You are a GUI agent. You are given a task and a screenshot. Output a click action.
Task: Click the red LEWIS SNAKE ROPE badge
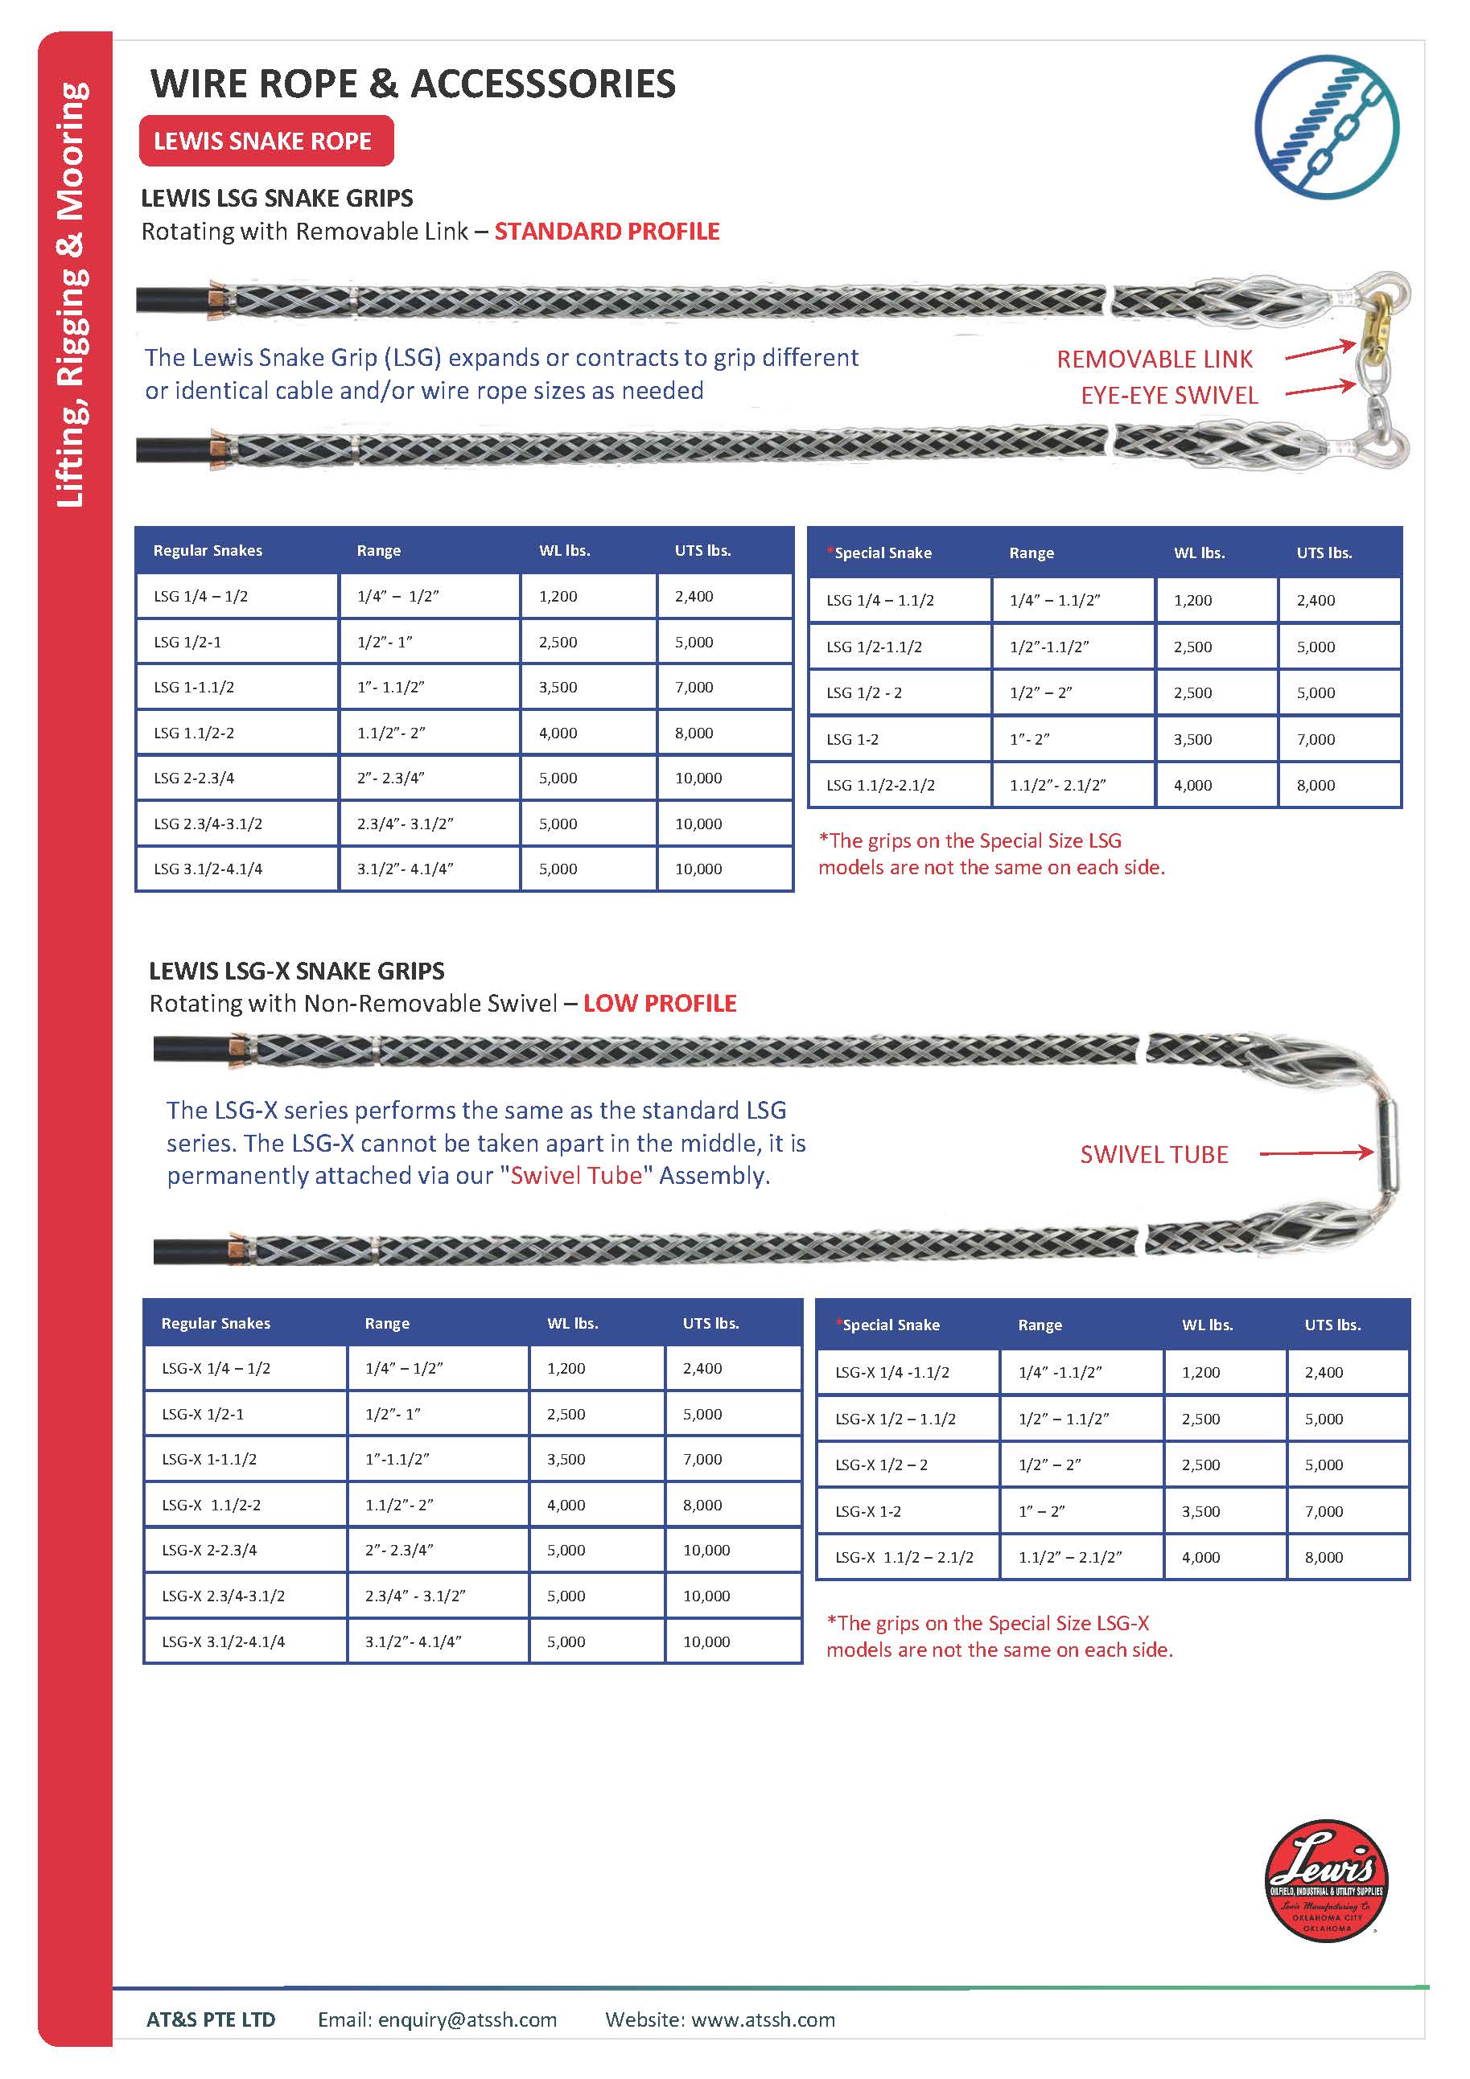[266, 142]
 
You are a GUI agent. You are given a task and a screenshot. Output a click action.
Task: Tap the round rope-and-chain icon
[1326, 127]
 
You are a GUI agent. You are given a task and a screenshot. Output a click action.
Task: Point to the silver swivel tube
[1386, 1144]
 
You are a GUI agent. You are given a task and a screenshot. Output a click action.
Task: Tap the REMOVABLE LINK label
[1154, 360]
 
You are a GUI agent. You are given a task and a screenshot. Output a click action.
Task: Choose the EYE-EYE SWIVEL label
[1168, 396]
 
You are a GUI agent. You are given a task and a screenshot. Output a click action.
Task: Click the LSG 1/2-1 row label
[187, 642]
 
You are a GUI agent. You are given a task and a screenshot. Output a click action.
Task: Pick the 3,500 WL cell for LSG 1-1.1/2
[558, 688]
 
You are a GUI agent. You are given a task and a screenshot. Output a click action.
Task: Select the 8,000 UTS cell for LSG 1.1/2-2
[694, 733]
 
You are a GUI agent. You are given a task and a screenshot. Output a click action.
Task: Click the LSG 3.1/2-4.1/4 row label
[208, 869]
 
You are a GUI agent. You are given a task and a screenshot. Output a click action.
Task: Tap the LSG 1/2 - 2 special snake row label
[863, 692]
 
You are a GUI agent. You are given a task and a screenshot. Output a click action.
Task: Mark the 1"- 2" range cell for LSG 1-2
[1030, 739]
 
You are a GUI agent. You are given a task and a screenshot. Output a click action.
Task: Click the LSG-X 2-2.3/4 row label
[209, 1550]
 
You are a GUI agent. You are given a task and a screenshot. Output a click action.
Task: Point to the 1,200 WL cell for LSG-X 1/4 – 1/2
[566, 1368]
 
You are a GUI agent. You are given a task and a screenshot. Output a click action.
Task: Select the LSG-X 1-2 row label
[867, 1511]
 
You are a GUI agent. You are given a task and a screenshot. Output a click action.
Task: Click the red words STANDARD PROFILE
[607, 232]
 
